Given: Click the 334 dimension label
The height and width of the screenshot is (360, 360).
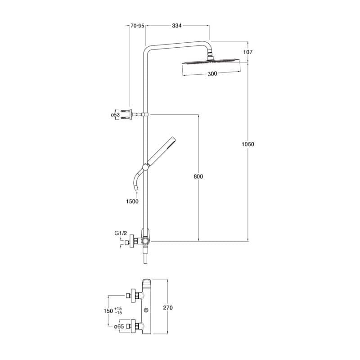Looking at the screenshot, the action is click(x=176, y=26).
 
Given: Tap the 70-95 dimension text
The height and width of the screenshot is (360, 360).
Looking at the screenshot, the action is click(x=137, y=26).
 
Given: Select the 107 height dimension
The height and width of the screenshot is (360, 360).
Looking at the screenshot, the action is click(x=248, y=52).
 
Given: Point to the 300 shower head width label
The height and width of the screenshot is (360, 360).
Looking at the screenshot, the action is click(x=212, y=74).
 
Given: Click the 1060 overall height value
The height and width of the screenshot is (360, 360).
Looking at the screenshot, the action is click(x=248, y=144).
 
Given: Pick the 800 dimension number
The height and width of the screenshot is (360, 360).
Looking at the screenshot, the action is click(x=198, y=176).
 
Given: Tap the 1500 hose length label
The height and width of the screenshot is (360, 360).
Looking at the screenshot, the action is click(x=132, y=201).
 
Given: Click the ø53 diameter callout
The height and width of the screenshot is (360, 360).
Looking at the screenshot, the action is click(x=115, y=115).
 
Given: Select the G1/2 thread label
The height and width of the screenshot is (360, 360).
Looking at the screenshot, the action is click(x=121, y=233).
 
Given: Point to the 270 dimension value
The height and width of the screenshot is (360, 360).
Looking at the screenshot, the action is click(x=168, y=308).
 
